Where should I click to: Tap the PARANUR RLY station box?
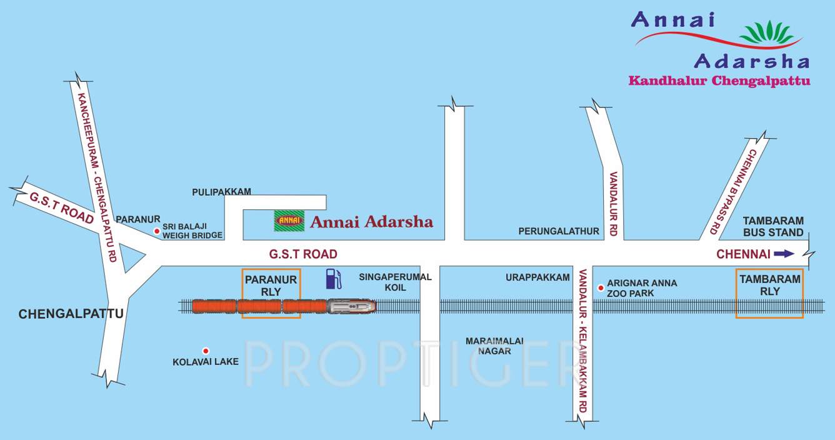tap(271, 293)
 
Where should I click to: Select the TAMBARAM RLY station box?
tap(769, 293)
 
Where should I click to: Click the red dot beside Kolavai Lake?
tap(205, 351)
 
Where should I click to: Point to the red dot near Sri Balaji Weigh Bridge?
tap(157, 231)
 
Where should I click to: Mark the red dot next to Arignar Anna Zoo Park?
tap(601, 287)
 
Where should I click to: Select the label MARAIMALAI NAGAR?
tap(489, 346)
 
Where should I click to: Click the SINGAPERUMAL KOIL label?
tap(395, 282)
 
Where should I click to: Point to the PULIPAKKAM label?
tap(221, 192)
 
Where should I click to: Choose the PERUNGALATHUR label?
tap(559, 231)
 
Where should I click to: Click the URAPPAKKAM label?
tap(538, 277)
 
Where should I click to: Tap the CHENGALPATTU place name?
tap(71, 314)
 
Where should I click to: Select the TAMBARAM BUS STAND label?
tap(773, 227)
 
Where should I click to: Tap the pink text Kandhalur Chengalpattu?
tap(719, 81)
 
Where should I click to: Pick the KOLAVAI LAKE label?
tap(206, 361)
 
